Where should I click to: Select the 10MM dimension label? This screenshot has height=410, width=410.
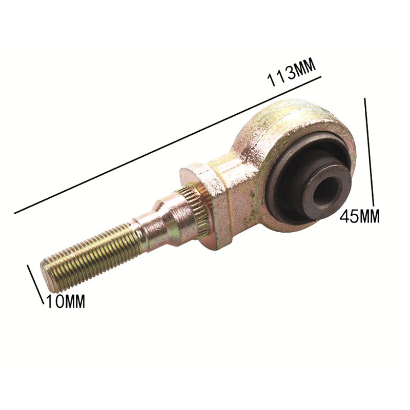point(65,301)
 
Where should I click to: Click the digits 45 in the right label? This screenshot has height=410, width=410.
point(349,217)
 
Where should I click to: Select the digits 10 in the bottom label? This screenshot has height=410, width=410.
point(54,301)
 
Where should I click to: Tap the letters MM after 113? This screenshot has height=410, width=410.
point(304,70)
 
